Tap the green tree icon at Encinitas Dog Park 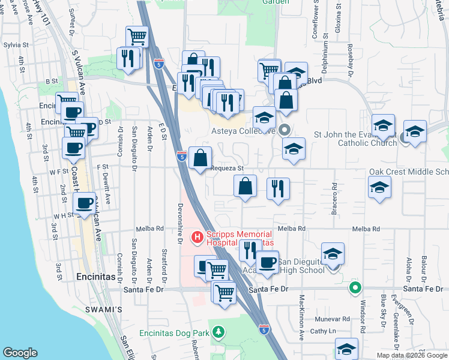(220, 332)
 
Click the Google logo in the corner (20, 353)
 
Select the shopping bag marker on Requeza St (200, 159)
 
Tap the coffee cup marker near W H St (84, 204)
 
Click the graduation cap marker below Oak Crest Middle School (379, 188)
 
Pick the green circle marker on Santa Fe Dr (355, 289)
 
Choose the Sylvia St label (16, 45)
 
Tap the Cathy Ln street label (323, 331)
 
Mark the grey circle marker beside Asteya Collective (285, 129)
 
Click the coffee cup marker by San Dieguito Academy (267, 262)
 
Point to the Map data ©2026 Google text (411, 355)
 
